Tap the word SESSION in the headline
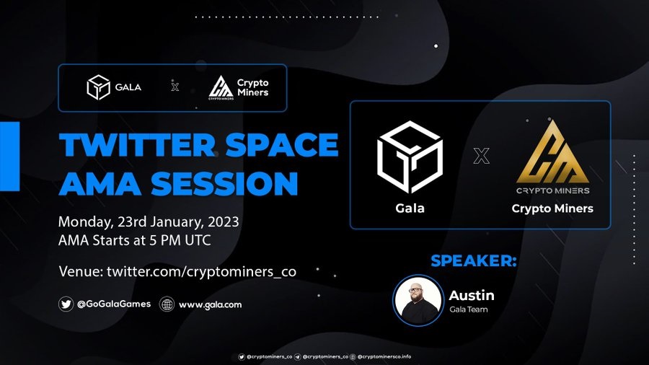click(224, 183)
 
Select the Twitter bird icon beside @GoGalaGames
click(66, 304)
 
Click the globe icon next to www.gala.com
click(167, 304)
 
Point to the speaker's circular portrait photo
click(418, 301)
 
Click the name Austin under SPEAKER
click(472, 295)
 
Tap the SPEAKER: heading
click(474, 260)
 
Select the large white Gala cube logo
click(410, 157)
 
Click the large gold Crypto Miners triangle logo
click(552, 152)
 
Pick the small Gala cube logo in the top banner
click(98, 87)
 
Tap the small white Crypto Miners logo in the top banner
click(221, 88)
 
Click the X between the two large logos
click(482, 156)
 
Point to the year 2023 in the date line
click(224, 222)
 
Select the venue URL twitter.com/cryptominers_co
click(201, 272)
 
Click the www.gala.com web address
click(211, 305)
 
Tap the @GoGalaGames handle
click(114, 304)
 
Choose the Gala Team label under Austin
click(469, 309)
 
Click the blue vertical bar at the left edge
click(10, 156)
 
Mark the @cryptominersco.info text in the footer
click(384, 356)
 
